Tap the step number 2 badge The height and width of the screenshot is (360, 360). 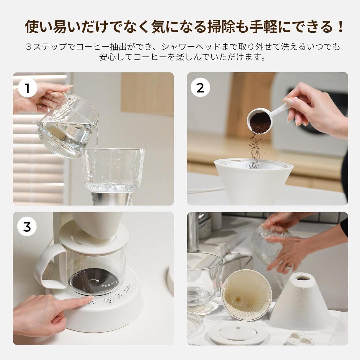(200, 88)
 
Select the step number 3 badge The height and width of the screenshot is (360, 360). (27, 227)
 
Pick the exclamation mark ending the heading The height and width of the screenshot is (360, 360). (340, 27)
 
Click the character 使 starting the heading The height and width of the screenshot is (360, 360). (33, 27)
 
